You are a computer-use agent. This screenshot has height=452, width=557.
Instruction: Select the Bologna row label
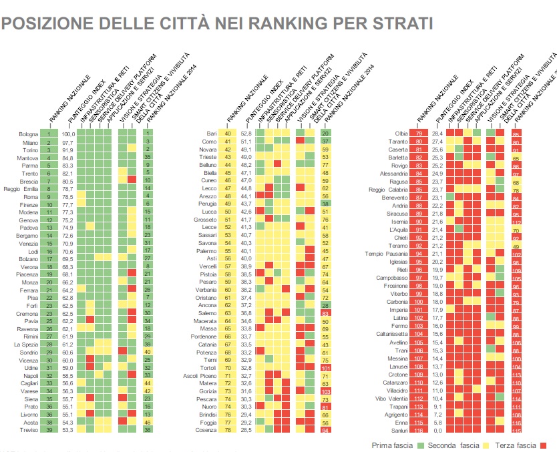point(29,134)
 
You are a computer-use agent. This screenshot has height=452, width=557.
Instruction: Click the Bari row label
point(212,134)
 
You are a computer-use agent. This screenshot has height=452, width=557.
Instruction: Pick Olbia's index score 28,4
point(437,135)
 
